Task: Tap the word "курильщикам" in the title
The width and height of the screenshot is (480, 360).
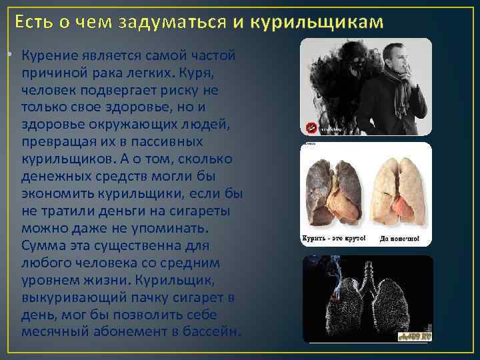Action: pos(318,22)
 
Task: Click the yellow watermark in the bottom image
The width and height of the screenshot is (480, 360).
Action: pos(416,337)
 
